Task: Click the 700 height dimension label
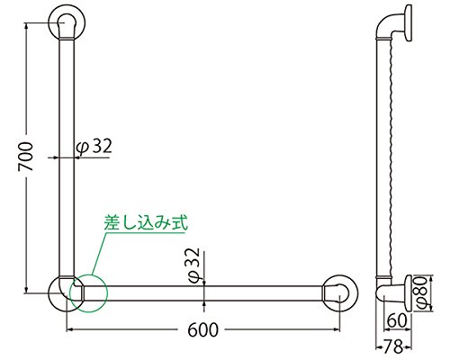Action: pyautogui.click(x=25, y=157)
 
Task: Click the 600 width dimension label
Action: pyautogui.click(x=203, y=330)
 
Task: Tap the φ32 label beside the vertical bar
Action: pyautogui.click(x=94, y=147)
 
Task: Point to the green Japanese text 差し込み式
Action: pyautogui.click(x=146, y=222)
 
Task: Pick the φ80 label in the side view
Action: pyautogui.click(x=422, y=292)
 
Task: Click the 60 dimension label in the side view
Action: pyautogui.click(x=397, y=320)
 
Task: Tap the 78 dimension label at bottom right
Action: pyautogui.click(x=393, y=346)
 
